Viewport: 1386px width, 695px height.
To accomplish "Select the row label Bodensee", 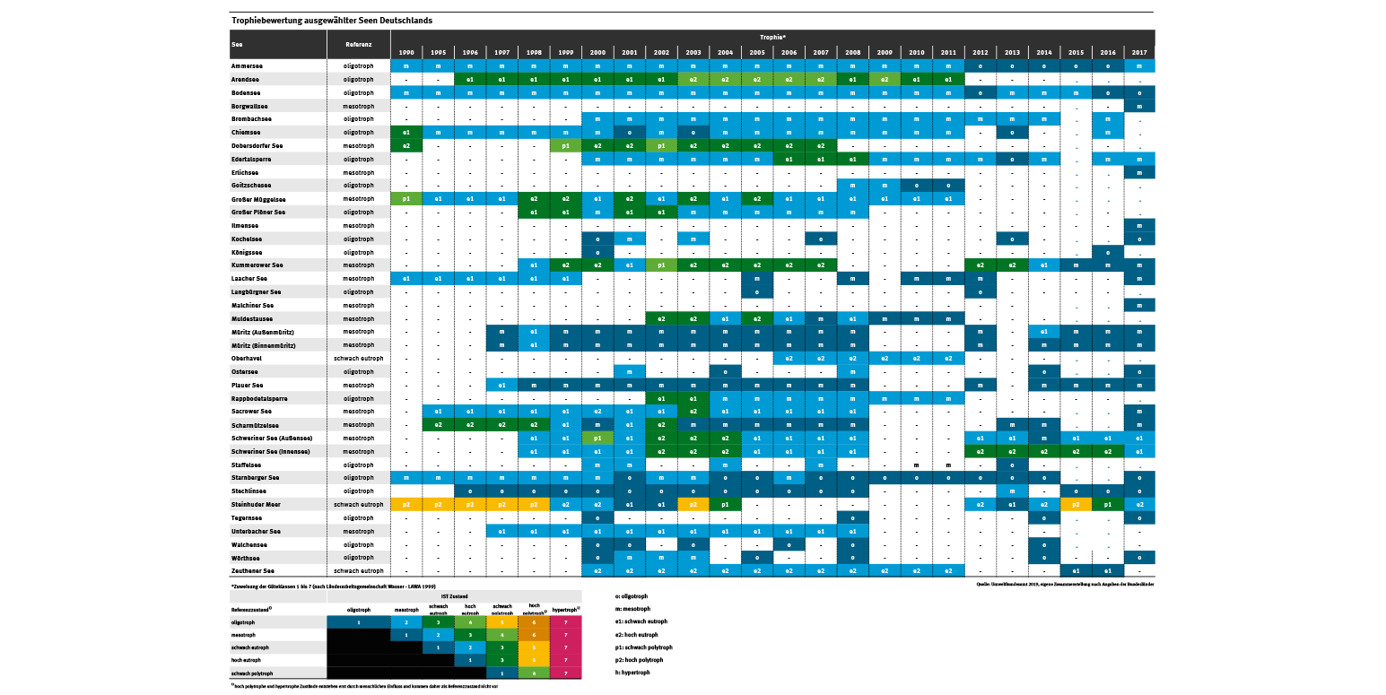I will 246,92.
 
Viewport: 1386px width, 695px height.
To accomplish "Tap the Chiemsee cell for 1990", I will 406,132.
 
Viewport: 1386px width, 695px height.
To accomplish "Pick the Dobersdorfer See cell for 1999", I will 565,145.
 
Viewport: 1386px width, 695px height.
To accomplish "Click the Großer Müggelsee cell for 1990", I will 406,198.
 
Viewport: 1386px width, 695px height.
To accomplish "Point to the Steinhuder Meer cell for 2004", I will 724,505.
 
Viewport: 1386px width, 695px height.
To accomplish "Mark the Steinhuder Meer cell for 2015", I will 1076,505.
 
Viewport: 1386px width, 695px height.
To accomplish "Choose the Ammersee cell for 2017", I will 1138,66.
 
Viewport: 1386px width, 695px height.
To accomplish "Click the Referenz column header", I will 358,43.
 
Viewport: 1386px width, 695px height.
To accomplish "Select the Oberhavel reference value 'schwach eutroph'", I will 358,358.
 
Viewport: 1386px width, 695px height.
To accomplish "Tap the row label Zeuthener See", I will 253,570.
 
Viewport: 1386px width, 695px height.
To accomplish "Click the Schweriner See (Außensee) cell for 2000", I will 597,438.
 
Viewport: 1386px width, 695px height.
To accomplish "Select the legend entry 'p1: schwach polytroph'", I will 644,647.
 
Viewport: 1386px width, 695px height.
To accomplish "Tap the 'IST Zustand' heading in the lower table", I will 454,595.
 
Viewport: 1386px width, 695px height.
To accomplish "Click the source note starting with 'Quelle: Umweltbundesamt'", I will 1064,584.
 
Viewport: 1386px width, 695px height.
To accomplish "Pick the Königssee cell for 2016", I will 1108,252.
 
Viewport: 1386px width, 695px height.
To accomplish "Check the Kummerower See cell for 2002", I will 660,265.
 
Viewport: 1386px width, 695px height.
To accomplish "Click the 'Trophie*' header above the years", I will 771,37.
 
